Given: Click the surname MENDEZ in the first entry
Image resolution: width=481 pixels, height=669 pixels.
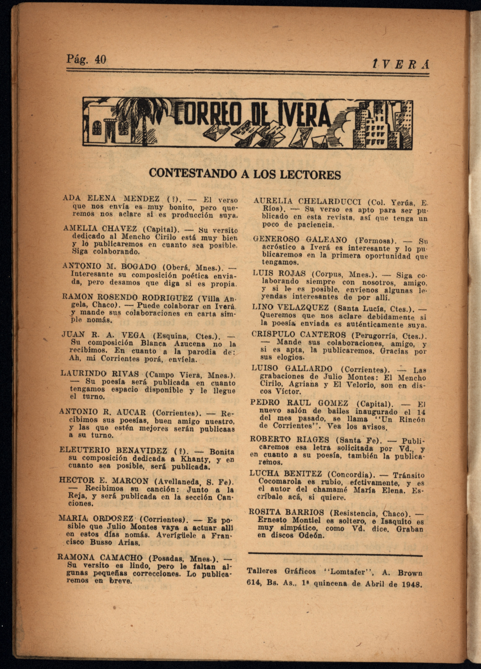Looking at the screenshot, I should click(x=142, y=199).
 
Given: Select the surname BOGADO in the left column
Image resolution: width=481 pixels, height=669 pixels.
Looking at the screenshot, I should click(x=139, y=267).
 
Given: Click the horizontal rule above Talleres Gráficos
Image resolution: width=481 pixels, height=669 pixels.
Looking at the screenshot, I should click(x=335, y=556).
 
